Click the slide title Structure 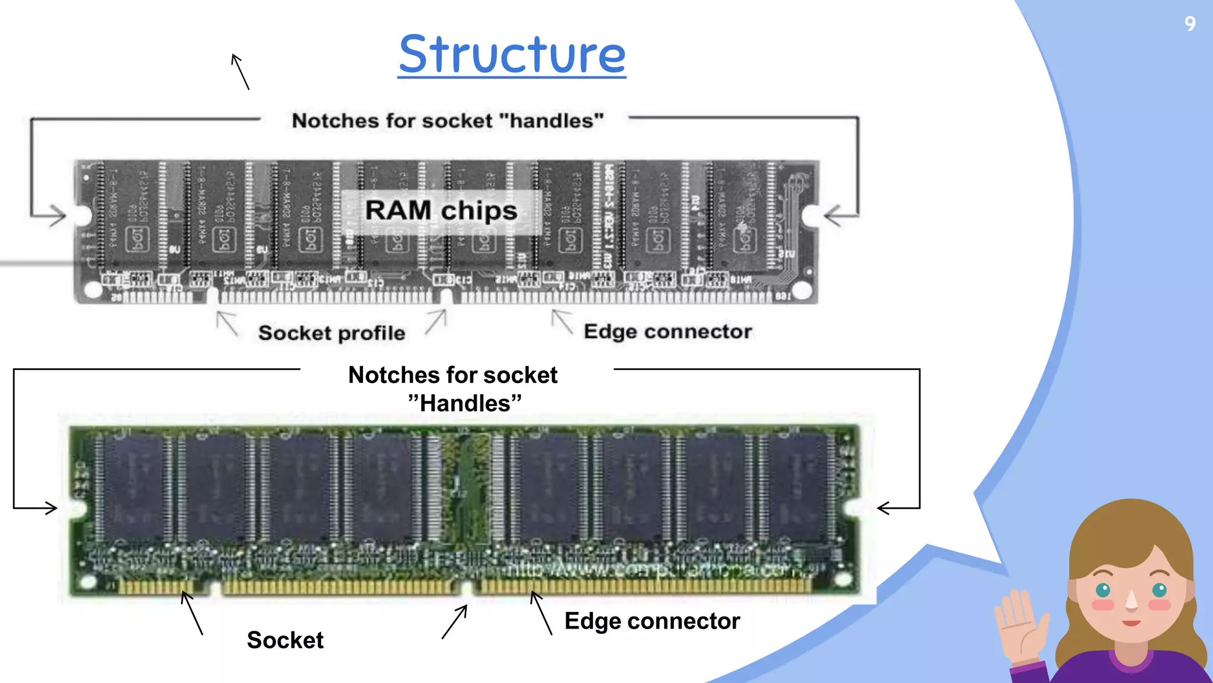tap(512, 55)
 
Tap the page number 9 tap(1190, 24)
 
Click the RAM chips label tap(441, 211)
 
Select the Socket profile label tap(332, 333)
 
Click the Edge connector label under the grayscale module tap(668, 331)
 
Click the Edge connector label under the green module tap(652, 621)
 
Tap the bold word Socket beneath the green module tap(285, 640)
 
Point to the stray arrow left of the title tap(240, 71)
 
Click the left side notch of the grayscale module tap(82, 215)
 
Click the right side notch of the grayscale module tap(811, 215)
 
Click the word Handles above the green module tap(465, 404)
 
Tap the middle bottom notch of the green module tap(467, 589)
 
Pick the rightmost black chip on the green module tap(797, 486)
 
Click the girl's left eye tap(1103, 590)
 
